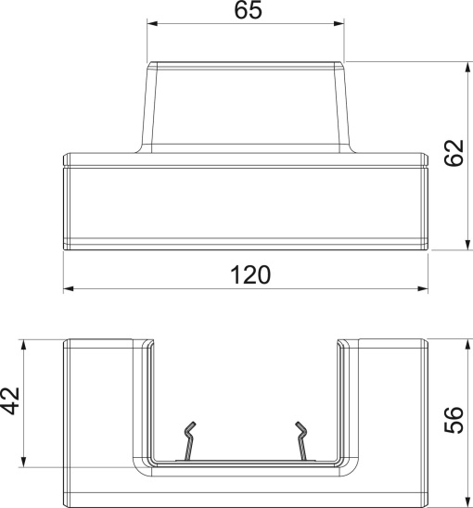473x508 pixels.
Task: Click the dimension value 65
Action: (248, 11)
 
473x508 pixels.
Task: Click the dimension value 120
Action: (248, 275)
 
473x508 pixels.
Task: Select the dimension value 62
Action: (454, 154)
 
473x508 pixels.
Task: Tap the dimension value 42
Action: (11, 400)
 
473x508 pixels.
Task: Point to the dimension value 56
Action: (454, 420)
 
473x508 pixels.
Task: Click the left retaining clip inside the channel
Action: (188, 441)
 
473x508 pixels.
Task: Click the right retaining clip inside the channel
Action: (303, 441)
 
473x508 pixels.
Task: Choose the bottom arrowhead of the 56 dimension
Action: (464, 499)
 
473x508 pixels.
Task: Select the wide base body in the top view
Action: (248, 204)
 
